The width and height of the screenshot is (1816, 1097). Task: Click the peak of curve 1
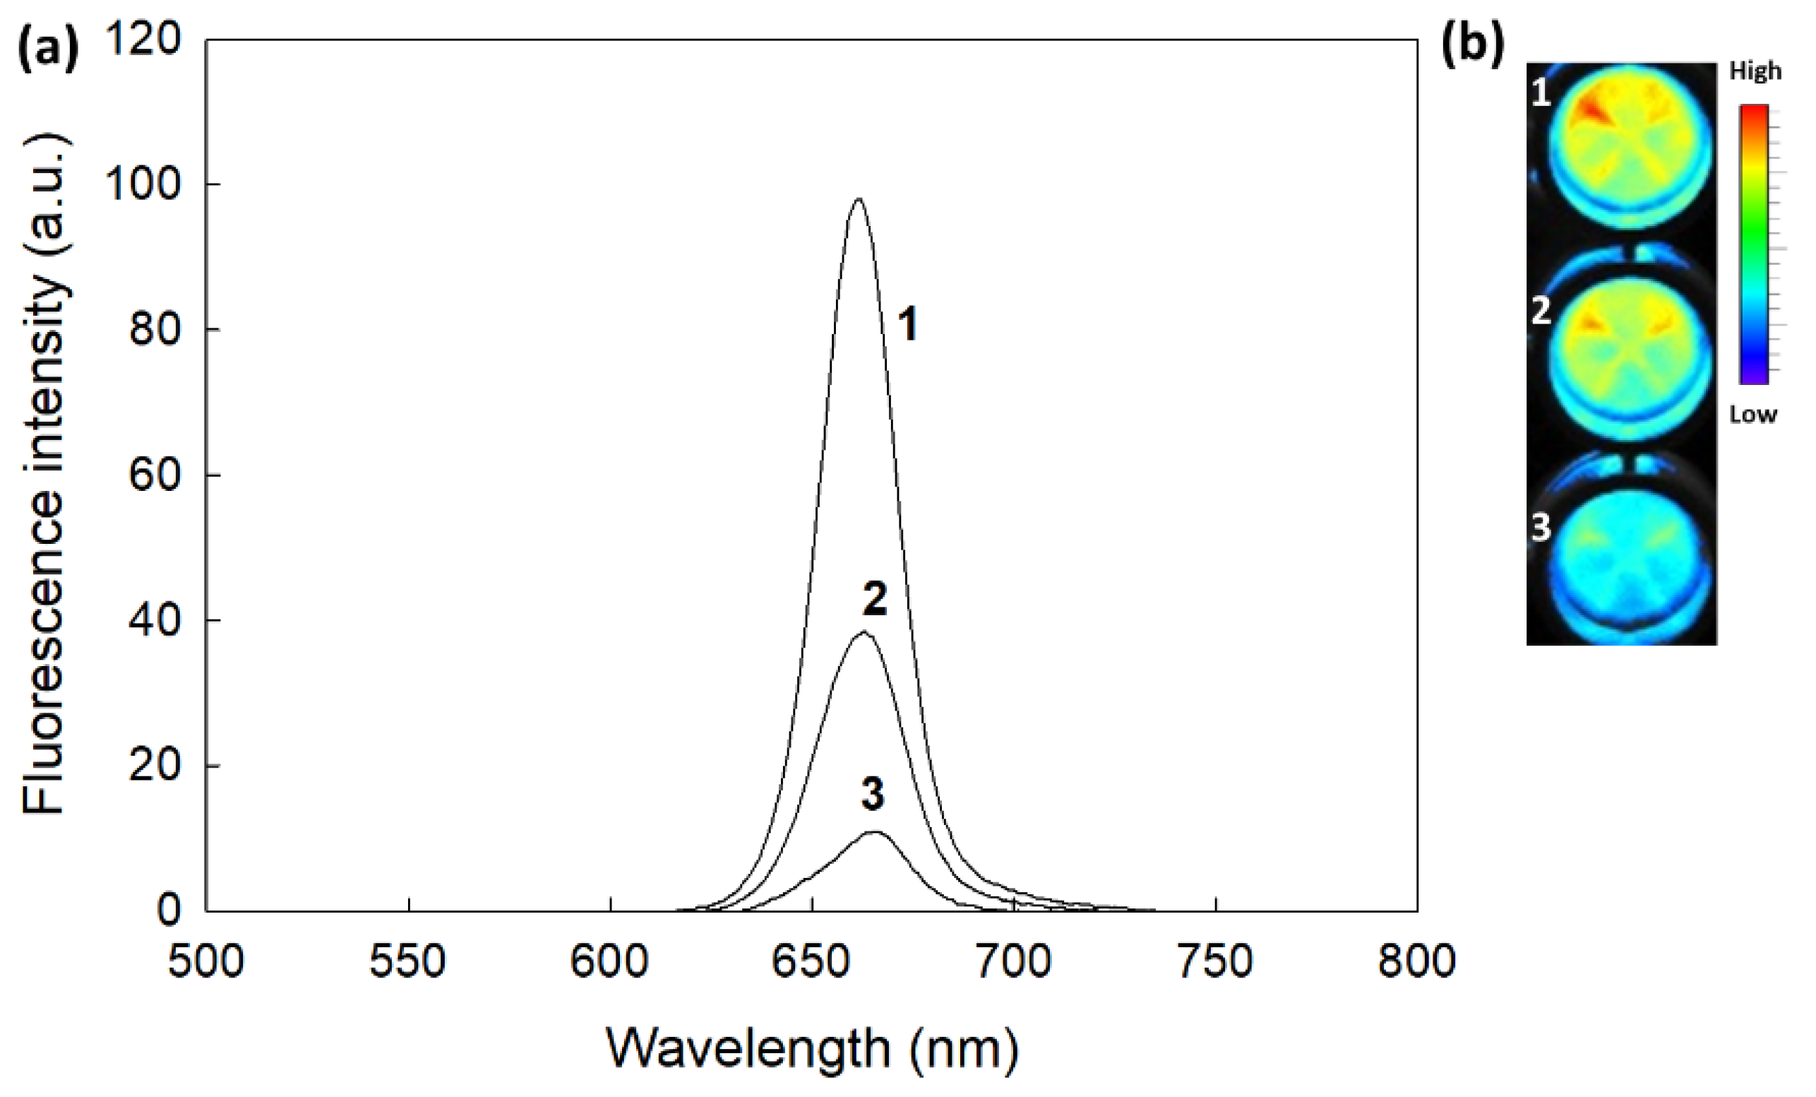coord(858,199)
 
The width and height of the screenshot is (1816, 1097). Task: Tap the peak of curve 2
coord(864,632)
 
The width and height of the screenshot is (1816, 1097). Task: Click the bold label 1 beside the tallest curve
coord(907,324)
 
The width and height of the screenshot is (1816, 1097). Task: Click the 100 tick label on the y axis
coord(143,184)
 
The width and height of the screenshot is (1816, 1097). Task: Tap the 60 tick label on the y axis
coord(154,475)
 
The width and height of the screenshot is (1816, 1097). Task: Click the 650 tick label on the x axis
coord(811,962)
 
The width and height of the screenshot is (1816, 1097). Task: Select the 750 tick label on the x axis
coord(1215,962)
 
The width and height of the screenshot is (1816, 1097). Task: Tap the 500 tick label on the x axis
coord(205,962)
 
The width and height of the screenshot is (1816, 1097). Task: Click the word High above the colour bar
coord(1755,71)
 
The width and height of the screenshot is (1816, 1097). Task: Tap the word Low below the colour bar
coord(1752,415)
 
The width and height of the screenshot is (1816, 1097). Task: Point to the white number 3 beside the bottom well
coord(1541,528)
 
